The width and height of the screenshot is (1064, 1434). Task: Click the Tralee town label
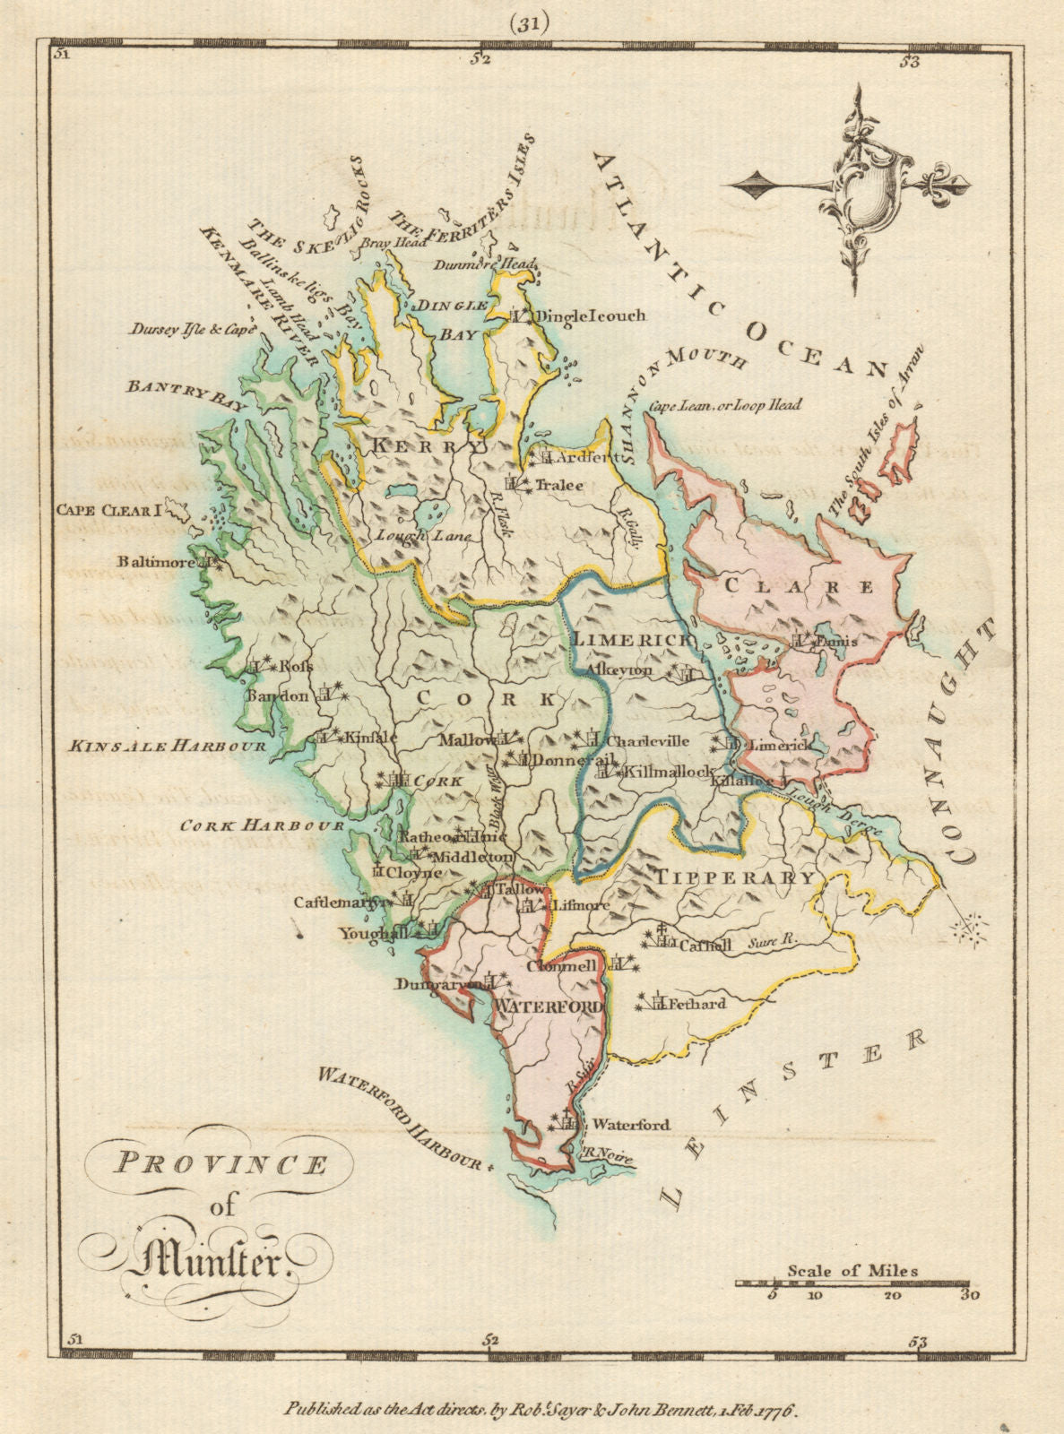point(560,485)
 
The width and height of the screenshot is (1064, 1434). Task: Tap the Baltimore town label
point(154,562)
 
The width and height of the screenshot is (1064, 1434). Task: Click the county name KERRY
point(428,445)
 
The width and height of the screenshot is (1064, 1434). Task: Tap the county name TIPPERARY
point(737,877)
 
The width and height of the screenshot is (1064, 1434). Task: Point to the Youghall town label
point(368,933)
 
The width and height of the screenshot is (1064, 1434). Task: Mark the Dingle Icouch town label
point(590,315)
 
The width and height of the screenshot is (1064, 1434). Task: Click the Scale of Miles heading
point(852,1270)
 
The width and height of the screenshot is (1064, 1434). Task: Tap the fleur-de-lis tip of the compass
point(960,187)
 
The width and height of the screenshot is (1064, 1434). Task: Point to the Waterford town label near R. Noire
point(631,1125)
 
